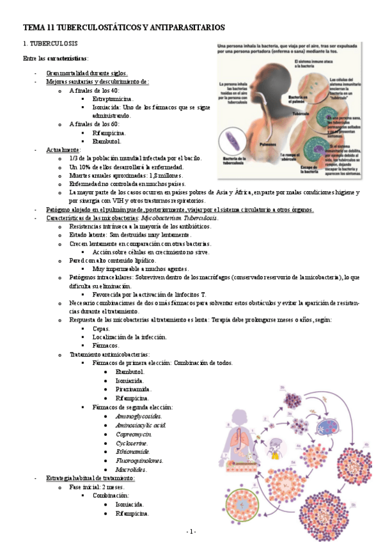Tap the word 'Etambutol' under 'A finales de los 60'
[107, 141]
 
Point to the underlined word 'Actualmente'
[63, 149]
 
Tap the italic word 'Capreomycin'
[134, 433]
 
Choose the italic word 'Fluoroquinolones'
[139, 460]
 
